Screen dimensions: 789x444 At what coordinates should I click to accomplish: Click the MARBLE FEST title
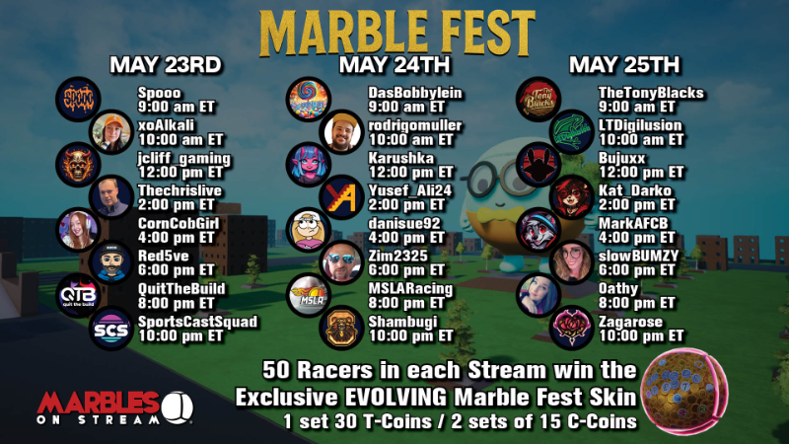tap(397, 34)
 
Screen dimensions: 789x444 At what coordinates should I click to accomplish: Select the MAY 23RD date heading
tap(166, 65)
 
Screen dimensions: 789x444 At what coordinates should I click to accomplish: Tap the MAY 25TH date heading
tap(624, 65)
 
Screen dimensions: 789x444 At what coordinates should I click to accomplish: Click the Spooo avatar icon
tap(78, 100)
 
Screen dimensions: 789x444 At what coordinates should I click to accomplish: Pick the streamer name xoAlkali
tap(166, 125)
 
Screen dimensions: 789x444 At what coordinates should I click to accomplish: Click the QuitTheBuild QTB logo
tap(78, 295)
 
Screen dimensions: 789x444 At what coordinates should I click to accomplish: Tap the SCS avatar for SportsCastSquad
tap(111, 329)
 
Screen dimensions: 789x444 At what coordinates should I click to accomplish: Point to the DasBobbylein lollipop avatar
tap(309, 100)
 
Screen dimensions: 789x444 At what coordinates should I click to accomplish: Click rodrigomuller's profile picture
tap(341, 132)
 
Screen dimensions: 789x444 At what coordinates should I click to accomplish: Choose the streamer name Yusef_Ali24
tap(410, 190)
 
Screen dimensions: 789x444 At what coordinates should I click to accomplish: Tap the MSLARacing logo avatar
tap(309, 295)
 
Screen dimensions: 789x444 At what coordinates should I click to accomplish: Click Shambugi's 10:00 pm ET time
tap(411, 336)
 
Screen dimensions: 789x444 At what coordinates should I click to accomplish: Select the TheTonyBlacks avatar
tap(538, 100)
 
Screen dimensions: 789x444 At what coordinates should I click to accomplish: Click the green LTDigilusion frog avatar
tap(572, 132)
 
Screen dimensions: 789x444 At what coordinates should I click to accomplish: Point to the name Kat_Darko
tap(635, 190)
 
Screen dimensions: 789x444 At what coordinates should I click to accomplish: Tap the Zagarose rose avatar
tap(572, 329)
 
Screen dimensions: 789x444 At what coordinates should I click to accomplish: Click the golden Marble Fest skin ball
tap(684, 391)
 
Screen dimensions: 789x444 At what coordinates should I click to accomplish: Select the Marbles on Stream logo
tap(114, 407)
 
